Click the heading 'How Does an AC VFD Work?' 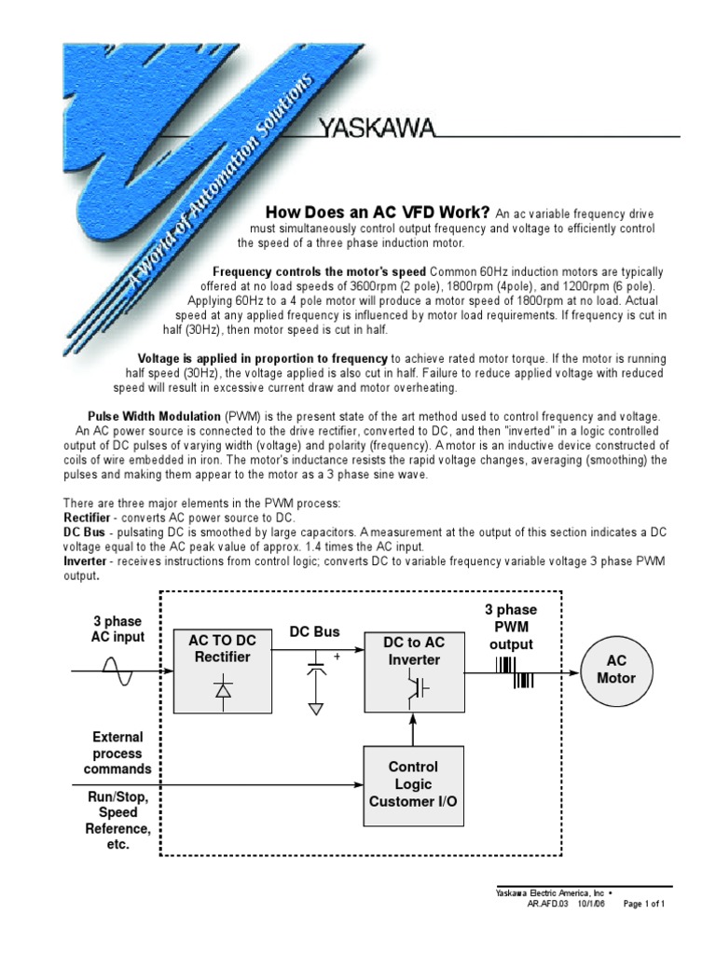379,212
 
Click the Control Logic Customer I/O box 413,783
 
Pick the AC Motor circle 615,670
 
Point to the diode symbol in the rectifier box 222,690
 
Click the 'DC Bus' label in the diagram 314,632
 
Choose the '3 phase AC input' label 118,630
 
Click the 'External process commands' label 117,753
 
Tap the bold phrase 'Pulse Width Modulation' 154,415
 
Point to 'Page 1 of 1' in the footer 643,904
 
